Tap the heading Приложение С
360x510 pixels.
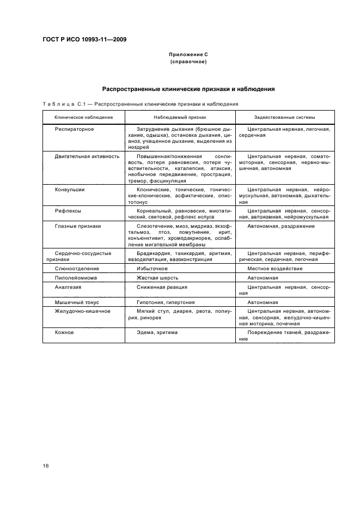[188, 55]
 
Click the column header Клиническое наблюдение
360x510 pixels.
[84, 117]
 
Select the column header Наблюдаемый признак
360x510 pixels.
[180, 117]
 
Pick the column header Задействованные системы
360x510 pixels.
[284, 117]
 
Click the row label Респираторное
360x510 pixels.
[74, 129]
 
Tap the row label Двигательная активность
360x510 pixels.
[87, 156]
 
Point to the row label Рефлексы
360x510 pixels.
[68, 210]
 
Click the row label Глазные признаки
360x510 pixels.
[78, 226]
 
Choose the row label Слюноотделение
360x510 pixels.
[77, 268]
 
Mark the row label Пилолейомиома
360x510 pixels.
[76, 277]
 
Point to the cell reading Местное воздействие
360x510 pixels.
[275, 268]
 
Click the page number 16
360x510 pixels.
[46, 466]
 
